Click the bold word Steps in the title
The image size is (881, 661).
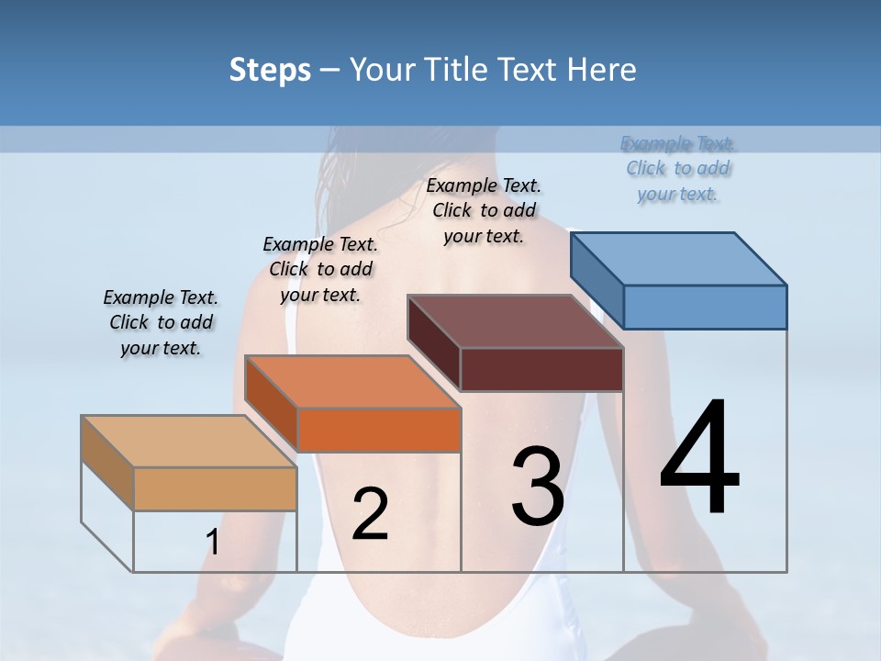tap(270, 70)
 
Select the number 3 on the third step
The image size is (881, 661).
tap(538, 487)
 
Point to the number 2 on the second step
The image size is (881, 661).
tap(370, 514)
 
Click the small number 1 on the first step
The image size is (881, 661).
tap(213, 543)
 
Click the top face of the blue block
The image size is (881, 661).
tap(679, 259)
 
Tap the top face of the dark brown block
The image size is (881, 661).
tap(516, 321)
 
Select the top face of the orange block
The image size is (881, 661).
tap(352, 382)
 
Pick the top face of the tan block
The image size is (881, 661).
tap(189, 442)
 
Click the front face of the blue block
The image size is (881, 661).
tap(705, 307)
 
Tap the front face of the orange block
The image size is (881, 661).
tap(378, 430)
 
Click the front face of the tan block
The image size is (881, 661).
tap(215, 488)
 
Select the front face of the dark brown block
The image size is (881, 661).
tap(541, 369)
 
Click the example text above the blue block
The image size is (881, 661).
tap(678, 169)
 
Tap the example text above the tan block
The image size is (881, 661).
tap(161, 322)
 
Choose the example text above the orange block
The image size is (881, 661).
tap(320, 269)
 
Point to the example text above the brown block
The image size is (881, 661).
tap(484, 210)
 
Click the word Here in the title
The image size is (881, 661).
tap(602, 70)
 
